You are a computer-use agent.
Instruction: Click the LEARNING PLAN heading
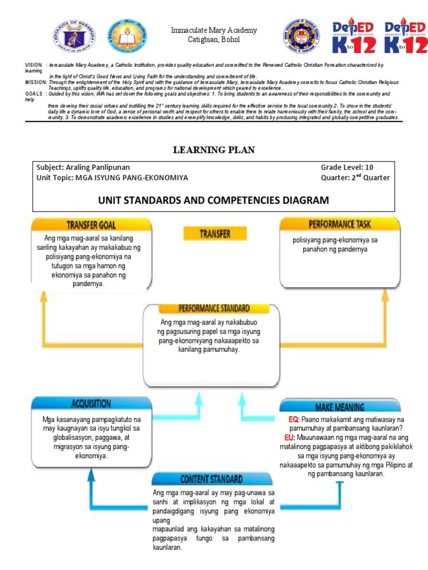click(214, 150)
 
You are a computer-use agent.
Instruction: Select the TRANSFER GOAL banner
click(91, 225)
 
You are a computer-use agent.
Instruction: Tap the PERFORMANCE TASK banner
click(339, 224)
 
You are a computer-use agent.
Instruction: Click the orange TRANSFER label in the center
click(215, 234)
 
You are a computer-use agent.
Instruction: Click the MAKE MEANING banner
click(339, 407)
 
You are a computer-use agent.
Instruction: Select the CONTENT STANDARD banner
click(211, 479)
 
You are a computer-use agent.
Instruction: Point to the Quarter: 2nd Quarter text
click(355, 178)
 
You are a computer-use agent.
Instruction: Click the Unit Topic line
click(112, 178)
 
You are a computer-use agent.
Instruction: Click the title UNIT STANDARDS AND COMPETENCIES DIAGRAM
click(214, 200)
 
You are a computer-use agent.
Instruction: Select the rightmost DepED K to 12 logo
click(400, 37)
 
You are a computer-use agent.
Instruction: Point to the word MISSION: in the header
click(36, 82)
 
